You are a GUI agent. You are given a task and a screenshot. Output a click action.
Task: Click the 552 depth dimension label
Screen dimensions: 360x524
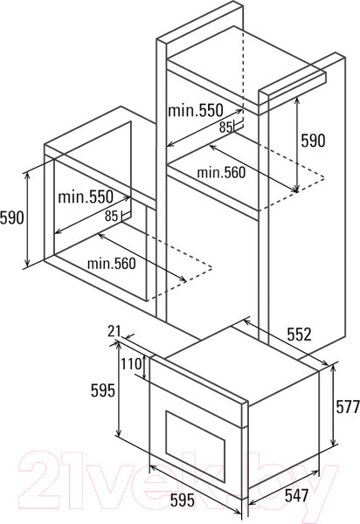(x=299, y=334)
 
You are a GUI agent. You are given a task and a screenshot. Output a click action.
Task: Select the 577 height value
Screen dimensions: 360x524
(x=348, y=406)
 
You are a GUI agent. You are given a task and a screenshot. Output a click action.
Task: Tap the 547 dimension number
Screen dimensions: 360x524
(x=296, y=495)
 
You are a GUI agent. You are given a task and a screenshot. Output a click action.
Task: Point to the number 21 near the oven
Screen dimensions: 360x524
(x=114, y=331)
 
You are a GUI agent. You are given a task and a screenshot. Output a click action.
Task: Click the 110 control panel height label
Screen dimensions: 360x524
(x=131, y=364)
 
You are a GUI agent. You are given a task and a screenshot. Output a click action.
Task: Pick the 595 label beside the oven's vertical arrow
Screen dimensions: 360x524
(x=103, y=390)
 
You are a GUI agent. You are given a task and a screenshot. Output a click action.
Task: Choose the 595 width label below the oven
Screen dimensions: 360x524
(x=182, y=500)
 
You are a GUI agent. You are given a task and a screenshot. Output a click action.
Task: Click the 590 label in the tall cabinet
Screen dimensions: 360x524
(x=313, y=141)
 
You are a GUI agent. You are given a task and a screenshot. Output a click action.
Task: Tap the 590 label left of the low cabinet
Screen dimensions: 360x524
(x=12, y=217)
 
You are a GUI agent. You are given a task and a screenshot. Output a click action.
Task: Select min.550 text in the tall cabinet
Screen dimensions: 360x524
(x=195, y=110)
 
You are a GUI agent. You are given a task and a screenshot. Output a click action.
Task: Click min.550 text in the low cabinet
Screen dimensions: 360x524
(x=86, y=196)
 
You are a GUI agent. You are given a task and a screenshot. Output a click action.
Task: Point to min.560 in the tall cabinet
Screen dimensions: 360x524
(x=221, y=172)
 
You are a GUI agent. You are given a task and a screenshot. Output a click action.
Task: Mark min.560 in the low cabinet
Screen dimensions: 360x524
(x=111, y=264)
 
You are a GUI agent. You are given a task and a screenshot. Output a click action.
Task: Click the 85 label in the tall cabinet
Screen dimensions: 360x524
(x=225, y=127)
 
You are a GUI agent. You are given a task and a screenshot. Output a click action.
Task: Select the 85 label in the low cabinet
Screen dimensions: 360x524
(x=111, y=216)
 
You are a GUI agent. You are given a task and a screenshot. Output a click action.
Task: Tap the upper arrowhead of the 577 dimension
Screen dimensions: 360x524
(x=333, y=368)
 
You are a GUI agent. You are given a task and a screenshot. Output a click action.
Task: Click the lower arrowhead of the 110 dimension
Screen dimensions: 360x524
(x=144, y=376)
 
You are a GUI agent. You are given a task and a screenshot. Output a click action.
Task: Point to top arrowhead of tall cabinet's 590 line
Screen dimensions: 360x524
(x=297, y=100)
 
